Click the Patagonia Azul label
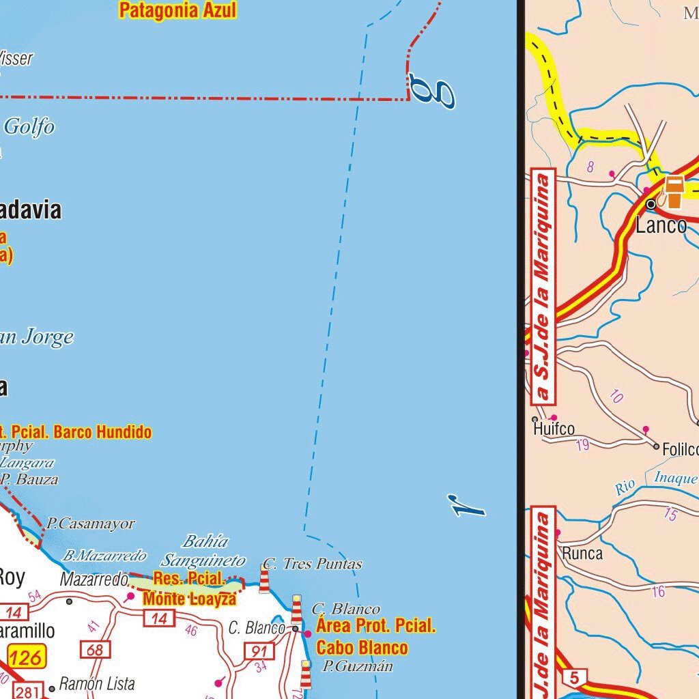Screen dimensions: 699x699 (177, 11)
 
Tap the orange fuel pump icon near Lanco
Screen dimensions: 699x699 (674, 191)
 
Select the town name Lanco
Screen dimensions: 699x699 (661, 226)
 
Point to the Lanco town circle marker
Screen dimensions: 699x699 (651, 204)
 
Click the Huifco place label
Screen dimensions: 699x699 (554, 429)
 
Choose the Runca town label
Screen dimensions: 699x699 (582, 553)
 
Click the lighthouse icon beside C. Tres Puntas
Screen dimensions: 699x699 (264, 579)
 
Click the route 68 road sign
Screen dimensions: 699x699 (95, 649)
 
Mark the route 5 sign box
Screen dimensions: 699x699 (575, 679)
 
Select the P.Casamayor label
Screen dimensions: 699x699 (91, 524)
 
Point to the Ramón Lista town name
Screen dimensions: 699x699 (97, 683)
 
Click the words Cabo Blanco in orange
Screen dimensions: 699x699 (362, 647)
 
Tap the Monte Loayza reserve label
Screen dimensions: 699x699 (189, 599)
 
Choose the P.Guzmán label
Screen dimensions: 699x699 (358, 666)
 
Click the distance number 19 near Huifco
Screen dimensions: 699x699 (582, 446)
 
